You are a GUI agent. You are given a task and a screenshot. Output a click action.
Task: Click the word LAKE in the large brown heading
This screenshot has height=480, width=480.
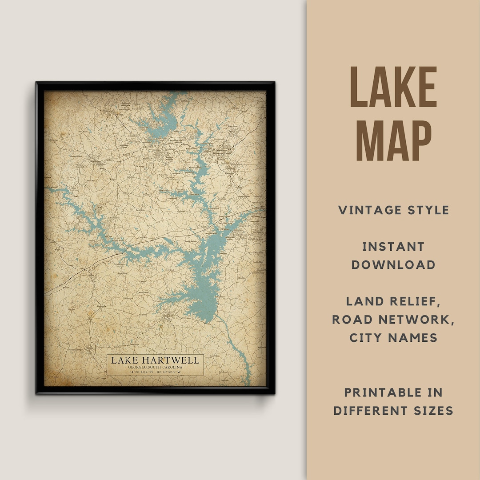[393, 88]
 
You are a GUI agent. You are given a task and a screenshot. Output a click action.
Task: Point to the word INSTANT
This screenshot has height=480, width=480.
[393, 247]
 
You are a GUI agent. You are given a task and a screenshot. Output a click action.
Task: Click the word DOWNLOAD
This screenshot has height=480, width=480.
[393, 265]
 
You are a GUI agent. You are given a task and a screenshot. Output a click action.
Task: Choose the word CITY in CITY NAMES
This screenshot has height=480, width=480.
[367, 338]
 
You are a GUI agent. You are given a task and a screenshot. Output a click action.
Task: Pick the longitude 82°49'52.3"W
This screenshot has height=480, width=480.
[169, 372]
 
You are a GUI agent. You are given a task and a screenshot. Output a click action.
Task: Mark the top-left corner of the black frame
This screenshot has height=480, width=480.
[37, 83]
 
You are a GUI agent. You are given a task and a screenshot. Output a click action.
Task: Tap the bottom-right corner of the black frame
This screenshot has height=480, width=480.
[274, 393]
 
